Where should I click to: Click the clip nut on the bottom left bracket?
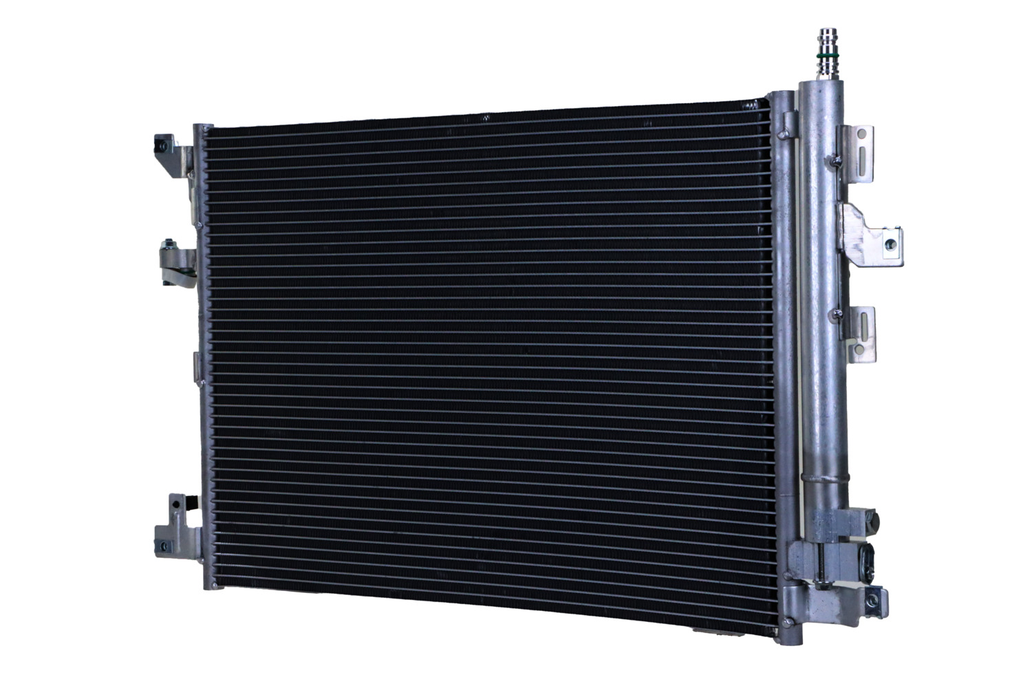coord(162,548)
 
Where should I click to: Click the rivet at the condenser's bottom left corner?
coord(214,585)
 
